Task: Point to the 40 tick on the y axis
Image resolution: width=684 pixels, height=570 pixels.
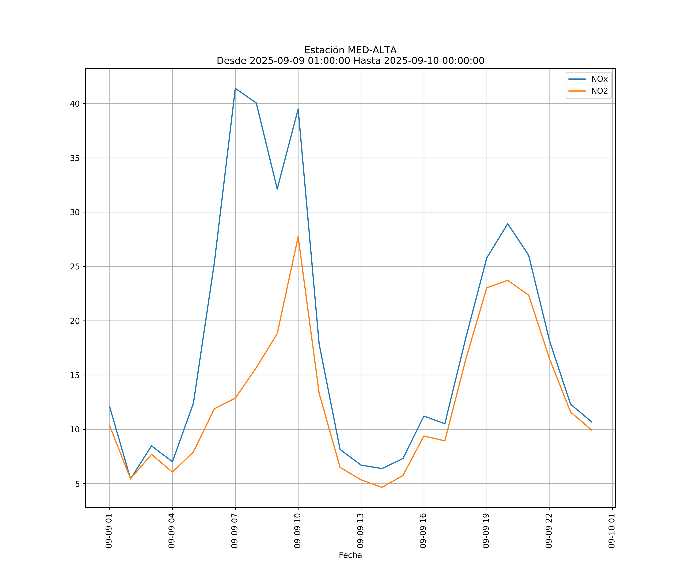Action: click(x=75, y=104)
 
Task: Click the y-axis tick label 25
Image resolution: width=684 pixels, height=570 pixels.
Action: click(x=75, y=267)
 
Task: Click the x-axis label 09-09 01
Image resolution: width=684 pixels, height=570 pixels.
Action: click(x=109, y=531)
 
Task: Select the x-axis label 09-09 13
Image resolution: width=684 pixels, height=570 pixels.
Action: click(x=360, y=531)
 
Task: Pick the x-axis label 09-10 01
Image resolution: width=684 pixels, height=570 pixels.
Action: click(x=612, y=531)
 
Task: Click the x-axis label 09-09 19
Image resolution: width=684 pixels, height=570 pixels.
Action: click(x=486, y=531)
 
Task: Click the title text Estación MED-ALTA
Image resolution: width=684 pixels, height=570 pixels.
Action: click(x=350, y=50)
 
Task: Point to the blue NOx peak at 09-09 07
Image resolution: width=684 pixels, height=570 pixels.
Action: click(x=235, y=88)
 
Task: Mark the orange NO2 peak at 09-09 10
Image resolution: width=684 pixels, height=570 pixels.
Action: click(x=298, y=237)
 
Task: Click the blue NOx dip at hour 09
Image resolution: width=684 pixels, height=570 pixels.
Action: click(x=277, y=189)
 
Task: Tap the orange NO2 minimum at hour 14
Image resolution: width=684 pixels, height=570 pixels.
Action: click(x=382, y=487)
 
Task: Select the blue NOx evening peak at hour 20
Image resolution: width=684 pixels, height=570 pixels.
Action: click(x=507, y=224)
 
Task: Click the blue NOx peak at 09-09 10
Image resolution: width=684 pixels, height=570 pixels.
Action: click(x=298, y=109)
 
